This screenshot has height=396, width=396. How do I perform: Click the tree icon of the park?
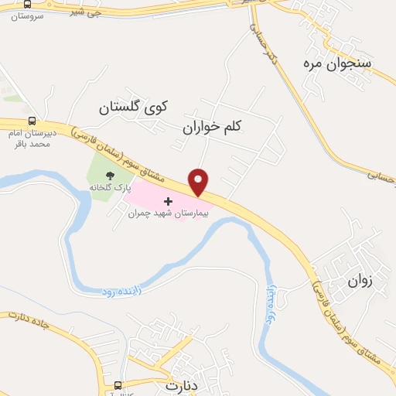click(x=109, y=176)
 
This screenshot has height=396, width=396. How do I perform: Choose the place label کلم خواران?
click(x=213, y=125)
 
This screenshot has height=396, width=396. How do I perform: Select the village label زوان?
click(x=360, y=282)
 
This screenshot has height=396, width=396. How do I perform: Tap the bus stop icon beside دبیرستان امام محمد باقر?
click(x=32, y=121)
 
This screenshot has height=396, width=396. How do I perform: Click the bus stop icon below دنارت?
click(x=118, y=385)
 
